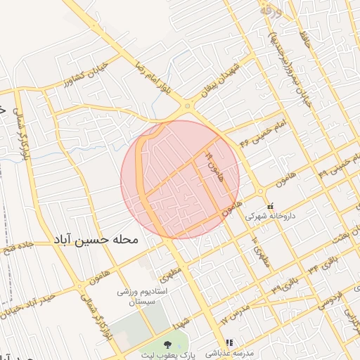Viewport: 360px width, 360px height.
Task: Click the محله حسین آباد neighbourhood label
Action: click(98, 240)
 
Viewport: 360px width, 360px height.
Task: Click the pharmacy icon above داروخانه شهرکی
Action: click(271, 207)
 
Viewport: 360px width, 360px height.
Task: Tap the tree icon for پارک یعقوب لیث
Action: click(167, 345)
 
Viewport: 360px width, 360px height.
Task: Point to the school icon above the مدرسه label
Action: click(226, 345)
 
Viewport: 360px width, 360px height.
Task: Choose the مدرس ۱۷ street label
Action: click(236, 314)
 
